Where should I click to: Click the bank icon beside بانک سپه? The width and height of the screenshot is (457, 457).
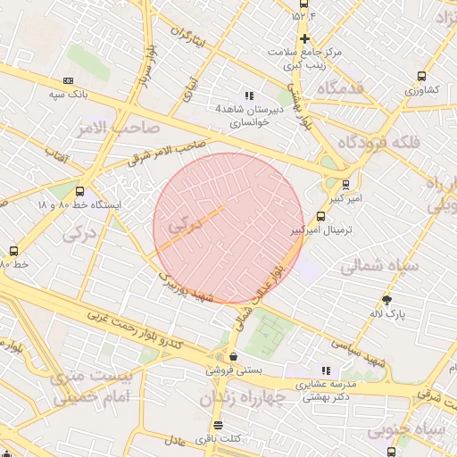(x=69, y=80)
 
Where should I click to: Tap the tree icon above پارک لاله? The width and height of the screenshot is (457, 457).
(x=386, y=301)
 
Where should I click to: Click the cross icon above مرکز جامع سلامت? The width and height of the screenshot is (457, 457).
(x=305, y=38)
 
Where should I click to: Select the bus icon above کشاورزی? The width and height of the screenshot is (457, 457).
(x=421, y=77)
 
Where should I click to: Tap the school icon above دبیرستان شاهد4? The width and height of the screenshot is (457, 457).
(x=248, y=96)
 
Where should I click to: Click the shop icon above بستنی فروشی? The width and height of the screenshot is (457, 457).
(x=234, y=356)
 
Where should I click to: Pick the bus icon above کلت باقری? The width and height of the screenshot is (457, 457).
(x=218, y=425)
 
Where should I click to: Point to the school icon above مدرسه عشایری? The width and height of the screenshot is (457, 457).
(x=325, y=370)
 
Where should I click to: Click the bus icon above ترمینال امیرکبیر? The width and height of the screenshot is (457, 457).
(x=321, y=216)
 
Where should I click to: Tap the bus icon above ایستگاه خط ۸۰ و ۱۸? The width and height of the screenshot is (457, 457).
(x=80, y=191)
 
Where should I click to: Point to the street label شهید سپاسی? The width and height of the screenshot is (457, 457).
(x=362, y=353)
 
